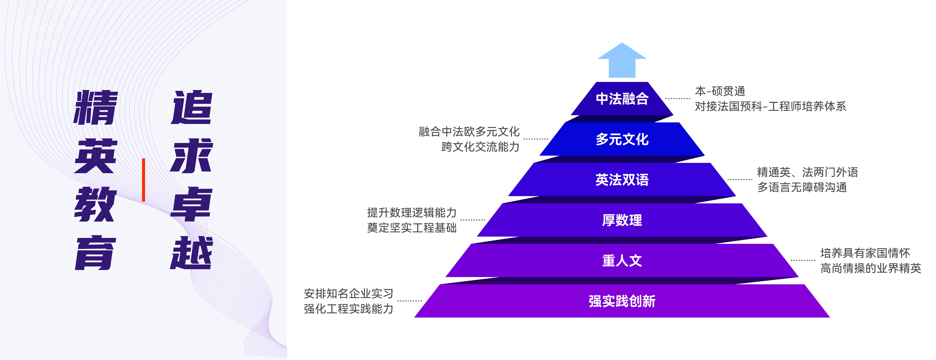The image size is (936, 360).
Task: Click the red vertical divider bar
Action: coord(144,180)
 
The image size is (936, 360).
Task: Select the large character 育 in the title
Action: coord(96,253)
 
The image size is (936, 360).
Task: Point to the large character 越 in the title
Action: coord(191,253)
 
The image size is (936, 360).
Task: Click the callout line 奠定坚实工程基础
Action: coord(412,228)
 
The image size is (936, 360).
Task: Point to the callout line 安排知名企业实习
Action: coord(349,293)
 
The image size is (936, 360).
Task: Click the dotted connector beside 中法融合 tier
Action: coord(678,98)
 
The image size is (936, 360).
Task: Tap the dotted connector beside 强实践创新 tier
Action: coord(410,301)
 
